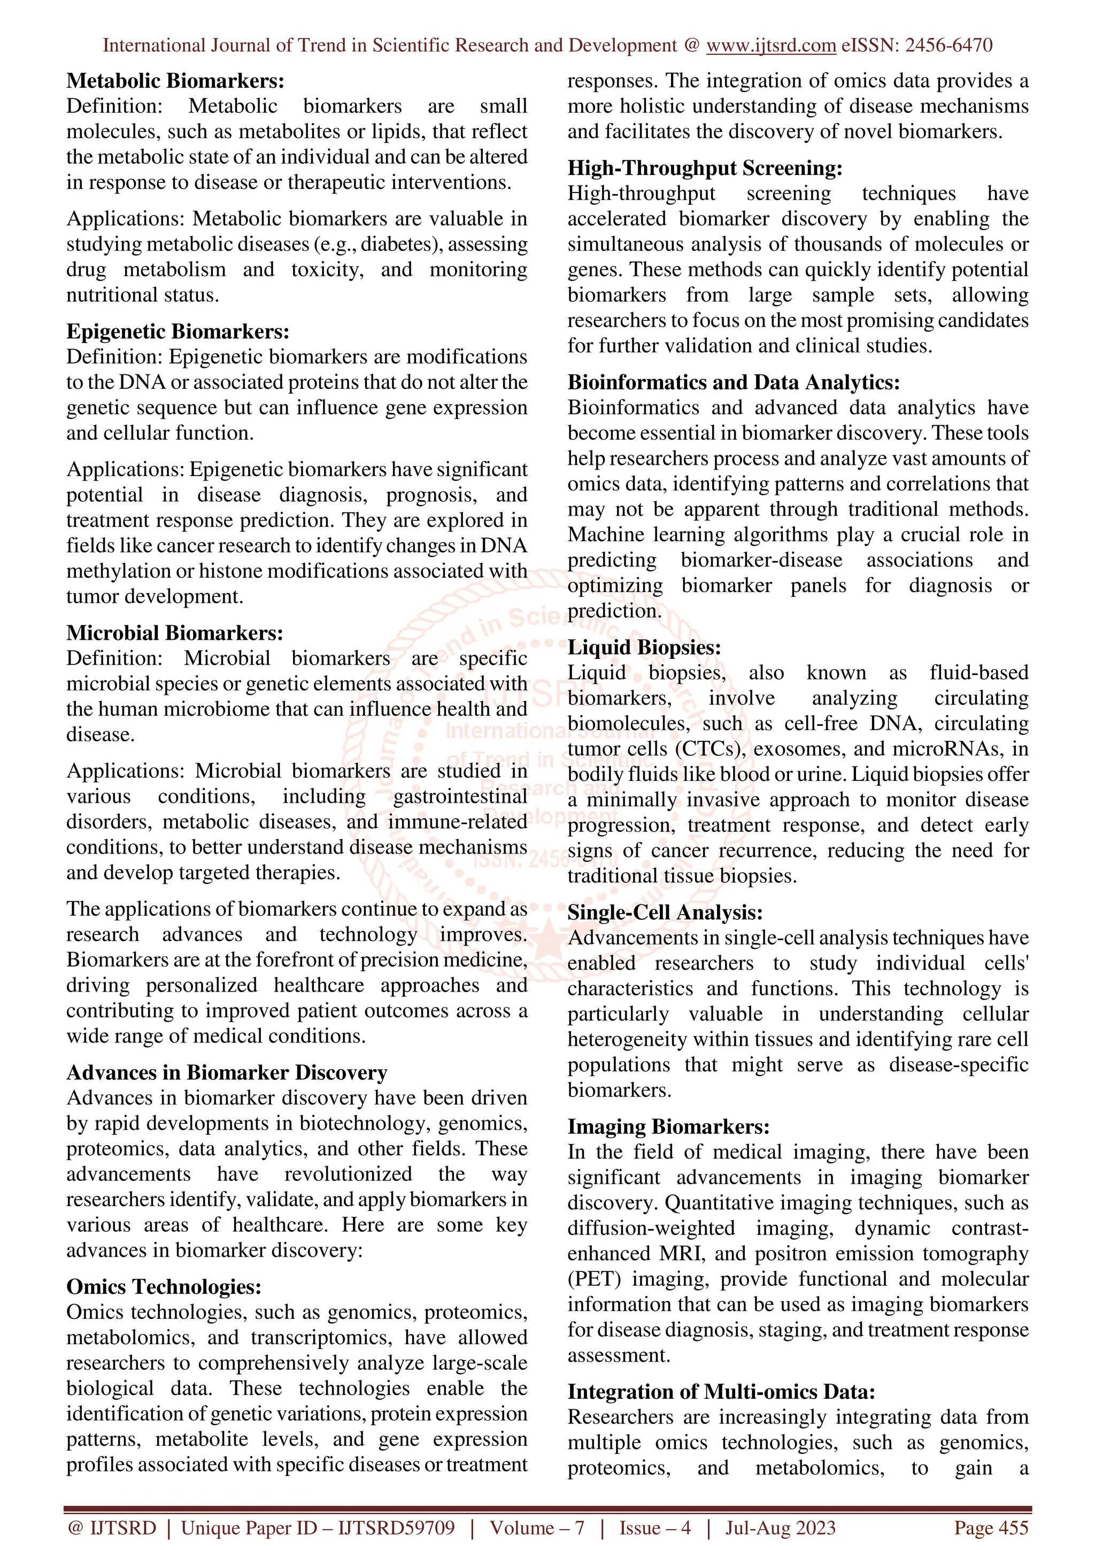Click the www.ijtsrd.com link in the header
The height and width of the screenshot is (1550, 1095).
pyautogui.click(x=770, y=45)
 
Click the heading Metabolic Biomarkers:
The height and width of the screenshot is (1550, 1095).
pyautogui.click(x=175, y=81)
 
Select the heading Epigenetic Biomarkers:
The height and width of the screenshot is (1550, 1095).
pyautogui.click(x=178, y=332)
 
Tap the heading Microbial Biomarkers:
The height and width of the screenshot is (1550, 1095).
pyautogui.click(x=175, y=633)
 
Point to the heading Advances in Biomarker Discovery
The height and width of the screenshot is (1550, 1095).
pyautogui.click(x=227, y=1073)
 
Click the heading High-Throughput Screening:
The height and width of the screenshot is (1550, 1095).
pyautogui.click(x=705, y=168)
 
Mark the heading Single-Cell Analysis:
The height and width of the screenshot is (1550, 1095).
pyautogui.click(x=665, y=912)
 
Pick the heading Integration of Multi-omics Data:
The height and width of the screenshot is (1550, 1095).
pyautogui.click(x=721, y=1392)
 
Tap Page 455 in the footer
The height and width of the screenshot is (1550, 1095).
pyautogui.click(x=990, y=1528)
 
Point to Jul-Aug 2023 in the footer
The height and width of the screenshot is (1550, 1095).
pyautogui.click(x=780, y=1528)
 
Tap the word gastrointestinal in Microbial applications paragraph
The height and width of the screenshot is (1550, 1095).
pyautogui.click(x=460, y=796)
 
